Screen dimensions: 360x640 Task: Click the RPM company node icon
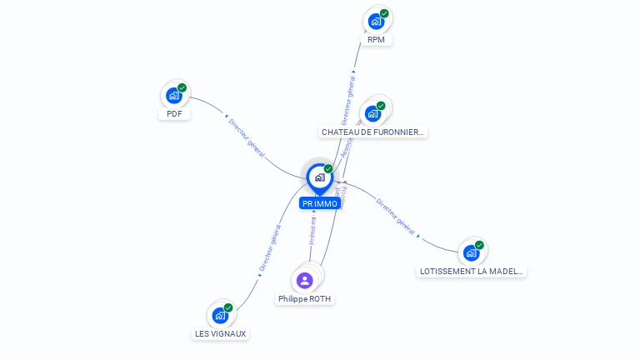[x=376, y=21]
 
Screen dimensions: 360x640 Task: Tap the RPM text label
[x=376, y=39]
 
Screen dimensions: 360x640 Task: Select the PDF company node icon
[x=174, y=96]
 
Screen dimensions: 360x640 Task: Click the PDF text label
[x=174, y=113]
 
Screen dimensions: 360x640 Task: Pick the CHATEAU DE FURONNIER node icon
[x=372, y=113]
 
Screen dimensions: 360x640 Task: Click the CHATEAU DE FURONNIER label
[x=372, y=132]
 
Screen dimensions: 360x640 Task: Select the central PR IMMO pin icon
[x=319, y=177]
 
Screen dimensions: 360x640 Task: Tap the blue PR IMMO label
[x=320, y=203]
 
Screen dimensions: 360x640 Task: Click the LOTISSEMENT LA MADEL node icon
[x=472, y=252]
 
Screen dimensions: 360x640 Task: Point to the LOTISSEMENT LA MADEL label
[x=472, y=271]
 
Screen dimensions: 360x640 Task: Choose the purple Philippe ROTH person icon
[x=305, y=280]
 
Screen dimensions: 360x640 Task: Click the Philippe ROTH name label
[x=305, y=298]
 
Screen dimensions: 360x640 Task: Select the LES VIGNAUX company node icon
[x=220, y=315]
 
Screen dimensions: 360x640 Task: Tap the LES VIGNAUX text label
[x=221, y=333]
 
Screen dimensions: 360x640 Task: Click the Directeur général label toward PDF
[x=247, y=137]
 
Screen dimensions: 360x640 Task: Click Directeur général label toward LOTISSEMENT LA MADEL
[x=396, y=216]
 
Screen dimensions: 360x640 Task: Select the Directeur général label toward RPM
[x=349, y=99]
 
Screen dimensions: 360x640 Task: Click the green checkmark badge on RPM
[x=384, y=13]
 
